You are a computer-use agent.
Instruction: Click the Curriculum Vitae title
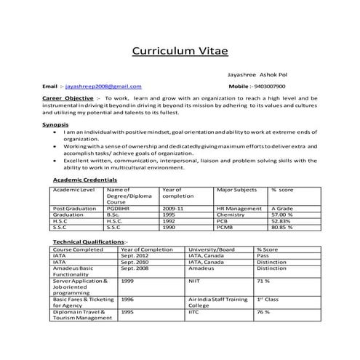[x=180, y=50]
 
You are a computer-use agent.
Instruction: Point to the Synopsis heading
[x=55, y=124]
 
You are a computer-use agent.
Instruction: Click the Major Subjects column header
[x=236, y=189]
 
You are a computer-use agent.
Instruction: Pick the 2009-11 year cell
[x=175, y=209]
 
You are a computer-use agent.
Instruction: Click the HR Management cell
[x=239, y=209]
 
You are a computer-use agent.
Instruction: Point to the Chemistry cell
[x=231, y=215]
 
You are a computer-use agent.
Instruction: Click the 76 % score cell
[x=263, y=312]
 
